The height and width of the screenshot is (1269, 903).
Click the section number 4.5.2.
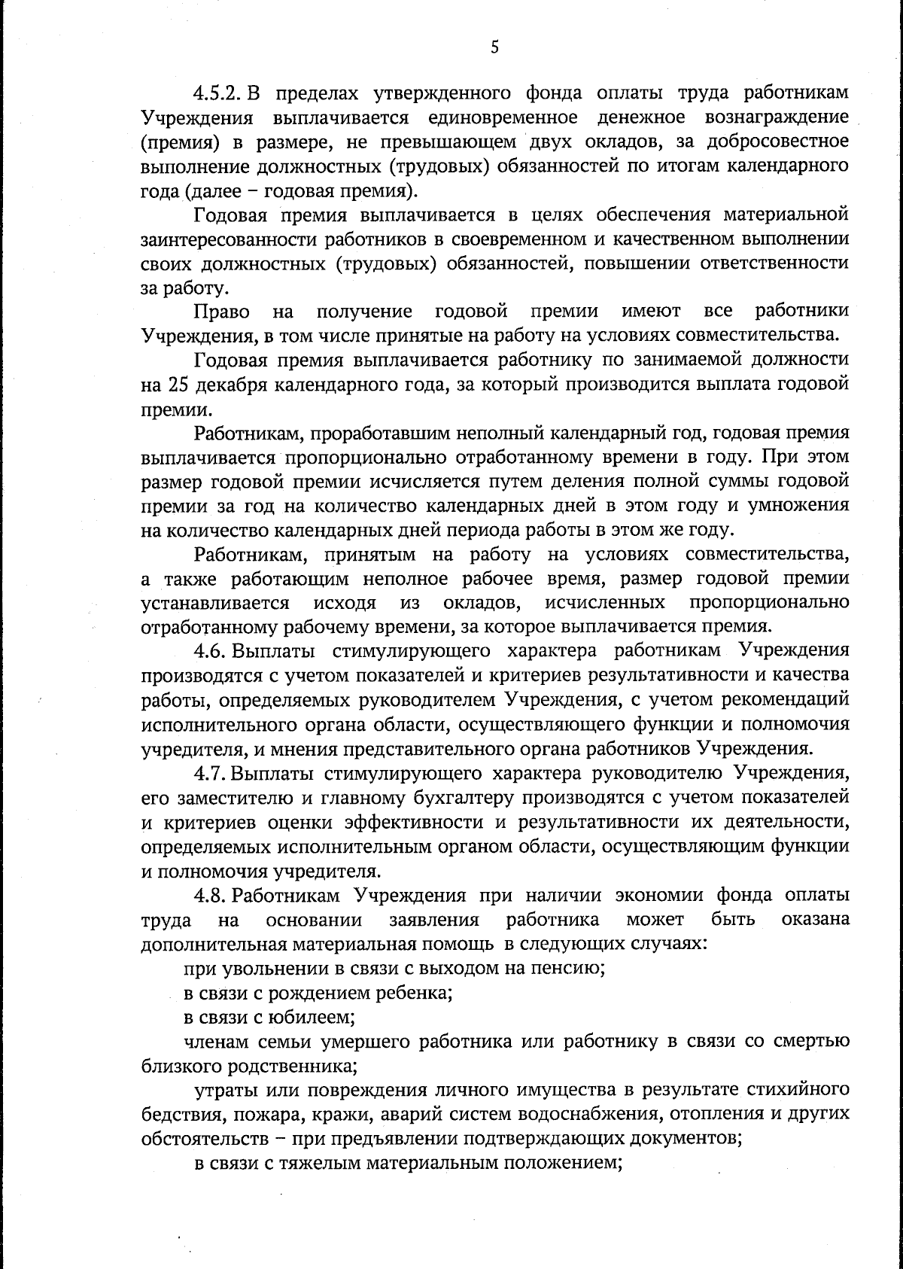click(217, 93)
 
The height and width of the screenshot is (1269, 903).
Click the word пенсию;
click(568, 969)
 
